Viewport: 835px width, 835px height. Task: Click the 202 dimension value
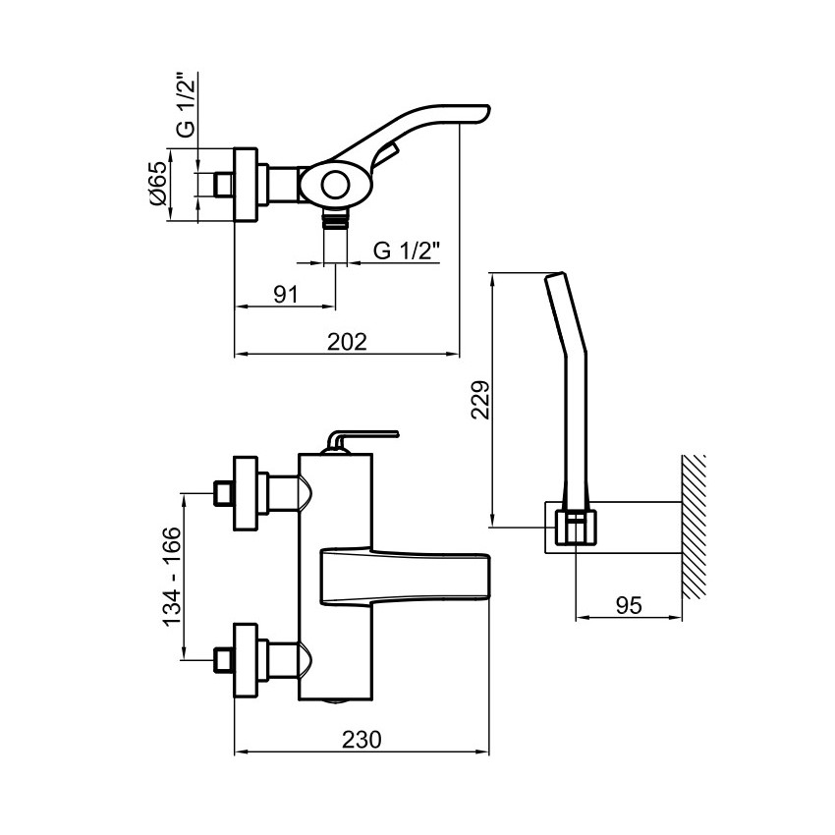[x=347, y=342]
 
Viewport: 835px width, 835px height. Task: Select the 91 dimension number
[x=286, y=295]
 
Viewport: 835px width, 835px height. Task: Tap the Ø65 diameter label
[x=158, y=184]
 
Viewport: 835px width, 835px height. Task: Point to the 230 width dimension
[x=362, y=740]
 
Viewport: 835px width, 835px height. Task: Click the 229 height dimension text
[x=480, y=400]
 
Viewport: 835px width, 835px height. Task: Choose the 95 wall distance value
[x=629, y=605]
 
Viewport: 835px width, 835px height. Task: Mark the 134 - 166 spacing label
[x=172, y=577]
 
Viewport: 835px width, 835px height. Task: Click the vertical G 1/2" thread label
[x=187, y=106]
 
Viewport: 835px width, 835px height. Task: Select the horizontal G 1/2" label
[x=407, y=250]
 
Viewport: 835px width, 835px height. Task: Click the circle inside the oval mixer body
[x=336, y=186]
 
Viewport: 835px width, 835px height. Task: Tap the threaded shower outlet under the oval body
[x=336, y=218]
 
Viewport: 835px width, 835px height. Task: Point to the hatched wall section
[x=694, y=527]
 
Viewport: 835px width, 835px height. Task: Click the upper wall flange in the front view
[x=246, y=493]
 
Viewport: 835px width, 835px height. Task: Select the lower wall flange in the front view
[x=246, y=660]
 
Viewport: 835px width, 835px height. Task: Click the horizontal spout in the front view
[x=405, y=578]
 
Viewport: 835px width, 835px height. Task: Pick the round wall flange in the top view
[x=246, y=184]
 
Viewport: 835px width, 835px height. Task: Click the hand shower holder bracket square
[x=576, y=528]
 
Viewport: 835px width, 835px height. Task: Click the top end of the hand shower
[x=554, y=275]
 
